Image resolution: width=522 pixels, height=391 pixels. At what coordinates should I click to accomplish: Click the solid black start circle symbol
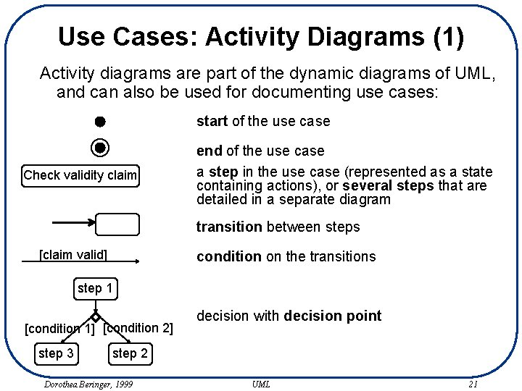click(x=100, y=121)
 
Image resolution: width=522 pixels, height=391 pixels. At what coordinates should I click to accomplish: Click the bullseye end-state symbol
click(x=101, y=148)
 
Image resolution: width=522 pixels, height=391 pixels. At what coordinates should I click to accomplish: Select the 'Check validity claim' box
click(x=80, y=175)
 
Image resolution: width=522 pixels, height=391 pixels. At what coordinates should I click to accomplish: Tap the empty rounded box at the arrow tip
click(x=117, y=225)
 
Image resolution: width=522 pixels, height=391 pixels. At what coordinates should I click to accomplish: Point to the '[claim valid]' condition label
click(x=73, y=254)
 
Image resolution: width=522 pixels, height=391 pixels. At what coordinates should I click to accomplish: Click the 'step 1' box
click(x=95, y=288)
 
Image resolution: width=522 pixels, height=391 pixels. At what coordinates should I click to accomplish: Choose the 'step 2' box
click(x=130, y=353)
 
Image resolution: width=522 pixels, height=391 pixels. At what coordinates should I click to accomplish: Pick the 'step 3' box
click(x=56, y=353)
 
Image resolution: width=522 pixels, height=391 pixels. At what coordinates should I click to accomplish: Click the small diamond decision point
click(x=95, y=317)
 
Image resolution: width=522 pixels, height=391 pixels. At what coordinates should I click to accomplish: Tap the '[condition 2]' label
click(x=138, y=328)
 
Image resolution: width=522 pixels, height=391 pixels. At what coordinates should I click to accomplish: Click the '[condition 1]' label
click(x=59, y=329)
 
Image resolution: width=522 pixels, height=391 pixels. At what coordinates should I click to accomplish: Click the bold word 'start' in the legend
click(x=212, y=121)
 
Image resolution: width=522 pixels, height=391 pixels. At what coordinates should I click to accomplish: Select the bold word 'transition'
click(x=229, y=227)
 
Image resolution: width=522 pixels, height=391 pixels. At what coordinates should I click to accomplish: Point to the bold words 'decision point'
click(x=333, y=316)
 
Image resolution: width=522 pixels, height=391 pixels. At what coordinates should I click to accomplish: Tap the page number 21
click(x=473, y=384)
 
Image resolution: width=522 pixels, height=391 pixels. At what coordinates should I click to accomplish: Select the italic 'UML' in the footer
click(x=261, y=384)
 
